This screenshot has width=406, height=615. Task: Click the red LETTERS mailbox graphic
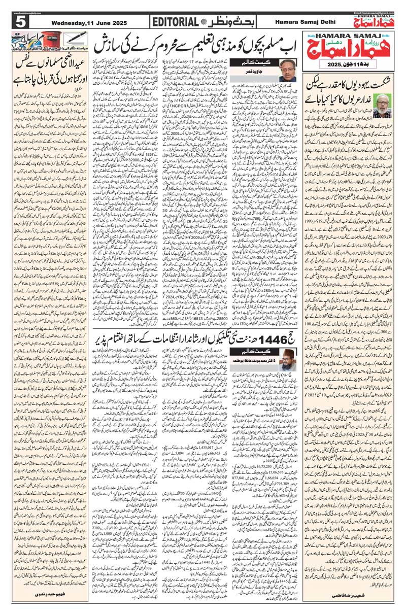click(51, 40)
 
